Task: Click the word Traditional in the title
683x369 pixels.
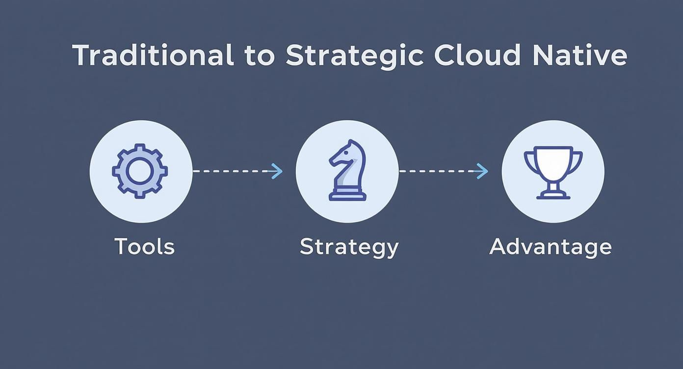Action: pos(153,55)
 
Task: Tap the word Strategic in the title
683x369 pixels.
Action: pos(354,56)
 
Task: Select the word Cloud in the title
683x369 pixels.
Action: pos(477,55)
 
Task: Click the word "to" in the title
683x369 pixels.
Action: pos(260,56)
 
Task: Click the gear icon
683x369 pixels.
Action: pos(140,171)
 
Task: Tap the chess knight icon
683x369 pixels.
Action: pos(347,170)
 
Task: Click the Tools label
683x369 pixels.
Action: pos(144,246)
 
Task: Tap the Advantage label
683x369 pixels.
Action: pos(550,246)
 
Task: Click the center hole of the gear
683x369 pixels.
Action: pos(140,171)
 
